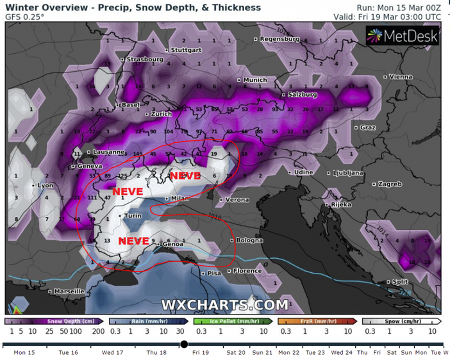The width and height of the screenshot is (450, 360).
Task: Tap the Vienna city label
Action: click(x=400, y=76)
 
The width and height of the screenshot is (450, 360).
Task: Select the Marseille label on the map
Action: click(x=68, y=291)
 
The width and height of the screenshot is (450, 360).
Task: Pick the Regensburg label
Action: click(x=279, y=38)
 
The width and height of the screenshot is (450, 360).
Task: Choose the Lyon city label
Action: click(x=45, y=185)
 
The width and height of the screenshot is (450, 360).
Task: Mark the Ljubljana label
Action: click(x=348, y=173)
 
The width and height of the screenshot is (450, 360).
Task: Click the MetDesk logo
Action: click(x=403, y=37)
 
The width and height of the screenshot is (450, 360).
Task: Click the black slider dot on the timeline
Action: click(x=184, y=345)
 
